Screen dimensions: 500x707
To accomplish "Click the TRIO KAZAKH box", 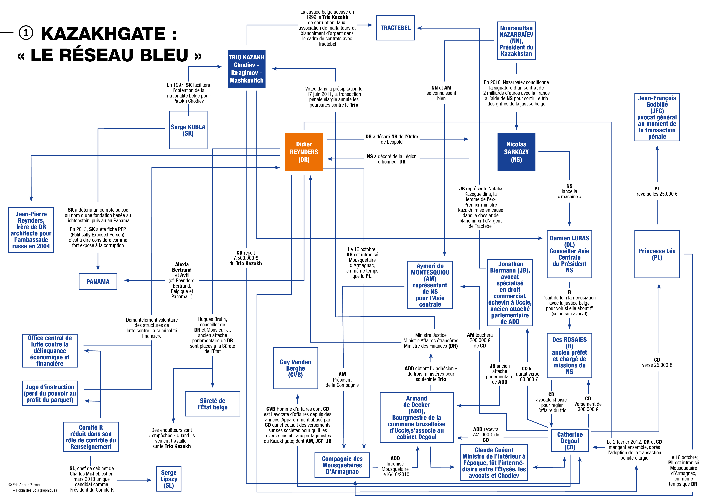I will pyautogui.click(x=246, y=69).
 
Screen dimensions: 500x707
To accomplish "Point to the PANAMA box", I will pyautogui.click(x=98, y=282).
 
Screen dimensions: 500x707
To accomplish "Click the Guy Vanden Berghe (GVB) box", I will pyautogui.click(x=295, y=368).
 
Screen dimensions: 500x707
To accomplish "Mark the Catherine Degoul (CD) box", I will pyautogui.click(x=570, y=441).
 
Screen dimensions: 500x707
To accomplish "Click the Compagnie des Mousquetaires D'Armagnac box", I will pyautogui.click(x=342, y=465).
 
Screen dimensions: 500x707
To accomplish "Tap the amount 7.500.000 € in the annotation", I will pyautogui.click(x=245, y=258).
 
